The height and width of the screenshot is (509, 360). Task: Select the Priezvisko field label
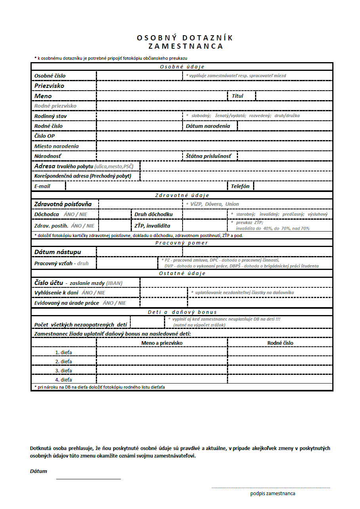pyautogui.click(x=49, y=86)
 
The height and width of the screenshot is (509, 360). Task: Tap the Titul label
pyautogui.click(x=238, y=96)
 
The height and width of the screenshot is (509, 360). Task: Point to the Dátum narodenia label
pyautogui.click(x=208, y=126)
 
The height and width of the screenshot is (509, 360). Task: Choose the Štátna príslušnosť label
pyautogui.click(x=208, y=156)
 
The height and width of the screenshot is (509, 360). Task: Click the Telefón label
pyautogui.click(x=240, y=186)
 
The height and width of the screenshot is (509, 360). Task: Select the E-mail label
pyautogui.click(x=42, y=186)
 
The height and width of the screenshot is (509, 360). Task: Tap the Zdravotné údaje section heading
pyautogui.click(x=182, y=195)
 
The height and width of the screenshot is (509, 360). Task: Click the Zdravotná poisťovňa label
pyautogui.click(x=63, y=204)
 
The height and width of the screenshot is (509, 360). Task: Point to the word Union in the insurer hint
pyautogui.click(x=232, y=204)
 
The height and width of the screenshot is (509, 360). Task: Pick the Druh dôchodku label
pyautogui.click(x=154, y=215)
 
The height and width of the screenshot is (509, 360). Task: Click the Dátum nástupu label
pyautogui.click(x=58, y=252)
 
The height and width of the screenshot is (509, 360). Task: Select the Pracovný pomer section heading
pyautogui.click(x=182, y=243)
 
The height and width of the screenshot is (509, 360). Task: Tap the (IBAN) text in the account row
pyautogui.click(x=114, y=283)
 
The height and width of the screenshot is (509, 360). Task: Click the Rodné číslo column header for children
pyautogui.click(x=280, y=343)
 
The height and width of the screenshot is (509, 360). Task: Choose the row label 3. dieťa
pyautogui.click(x=63, y=370)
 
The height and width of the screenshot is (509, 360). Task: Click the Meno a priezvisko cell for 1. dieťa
pyautogui.click(x=162, y=352)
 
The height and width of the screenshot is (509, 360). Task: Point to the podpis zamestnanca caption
pyautogui.click(x=272, y=494)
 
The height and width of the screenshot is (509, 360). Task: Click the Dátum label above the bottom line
pyautogui.click(x=38, y=471)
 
